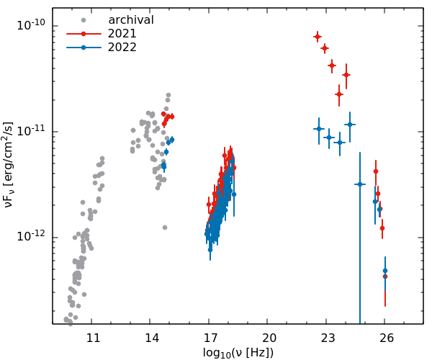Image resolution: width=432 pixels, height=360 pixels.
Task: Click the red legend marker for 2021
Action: click(x=84, y=34)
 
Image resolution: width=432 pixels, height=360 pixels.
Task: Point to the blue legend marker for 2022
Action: click(x=84, y=48)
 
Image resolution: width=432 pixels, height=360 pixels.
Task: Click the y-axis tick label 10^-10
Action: click(x=32, y=25)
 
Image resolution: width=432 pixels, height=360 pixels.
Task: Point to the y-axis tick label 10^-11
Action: click(x=32, y=131)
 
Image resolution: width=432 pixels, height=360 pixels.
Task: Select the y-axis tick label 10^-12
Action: click(x=32, y=236)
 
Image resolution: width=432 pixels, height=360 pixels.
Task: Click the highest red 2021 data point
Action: click(x=318, y=36)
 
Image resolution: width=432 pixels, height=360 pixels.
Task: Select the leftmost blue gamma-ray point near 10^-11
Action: click(x=318, y=129)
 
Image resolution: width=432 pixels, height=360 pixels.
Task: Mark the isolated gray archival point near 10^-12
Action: click(x=165, y=228)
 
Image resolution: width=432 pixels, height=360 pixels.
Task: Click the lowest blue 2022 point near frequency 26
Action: click(x=385, y=271)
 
